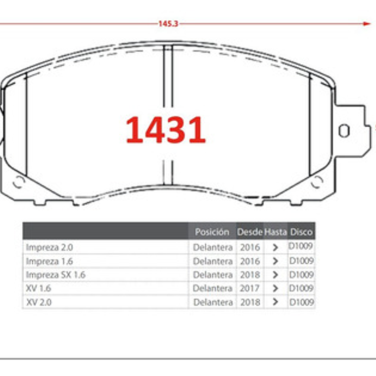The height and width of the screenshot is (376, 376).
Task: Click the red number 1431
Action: pos(165,131)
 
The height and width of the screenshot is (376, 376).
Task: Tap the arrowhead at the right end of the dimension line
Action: pos(367,23)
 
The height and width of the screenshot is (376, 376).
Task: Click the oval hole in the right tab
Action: pos(344,131)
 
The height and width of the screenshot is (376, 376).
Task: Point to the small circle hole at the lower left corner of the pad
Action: pos(19,182)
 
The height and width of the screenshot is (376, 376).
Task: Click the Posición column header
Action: pos(212,232)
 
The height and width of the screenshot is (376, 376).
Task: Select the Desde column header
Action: pos(250,232)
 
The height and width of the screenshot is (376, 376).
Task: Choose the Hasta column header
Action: pos(276,232)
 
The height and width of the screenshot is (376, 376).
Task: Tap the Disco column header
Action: pos(301,232)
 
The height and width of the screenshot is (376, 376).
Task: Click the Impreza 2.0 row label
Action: pos(49,247)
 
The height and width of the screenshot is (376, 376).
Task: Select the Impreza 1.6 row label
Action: pos(49,261)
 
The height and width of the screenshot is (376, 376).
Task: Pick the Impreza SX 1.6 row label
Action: pos(55,275)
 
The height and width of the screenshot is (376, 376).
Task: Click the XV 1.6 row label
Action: pos(38,288)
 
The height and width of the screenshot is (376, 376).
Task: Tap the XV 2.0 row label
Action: pos(39,302)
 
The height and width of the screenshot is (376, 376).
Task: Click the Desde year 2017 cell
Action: pos(250,288)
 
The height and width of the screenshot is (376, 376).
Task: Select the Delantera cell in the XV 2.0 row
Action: pos(213,302)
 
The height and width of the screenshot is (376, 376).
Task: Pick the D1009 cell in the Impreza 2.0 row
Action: pos(301,246)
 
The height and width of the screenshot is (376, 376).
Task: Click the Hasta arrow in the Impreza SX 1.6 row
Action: pos(276,275)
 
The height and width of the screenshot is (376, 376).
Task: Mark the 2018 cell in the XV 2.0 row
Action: pos(250,302)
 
